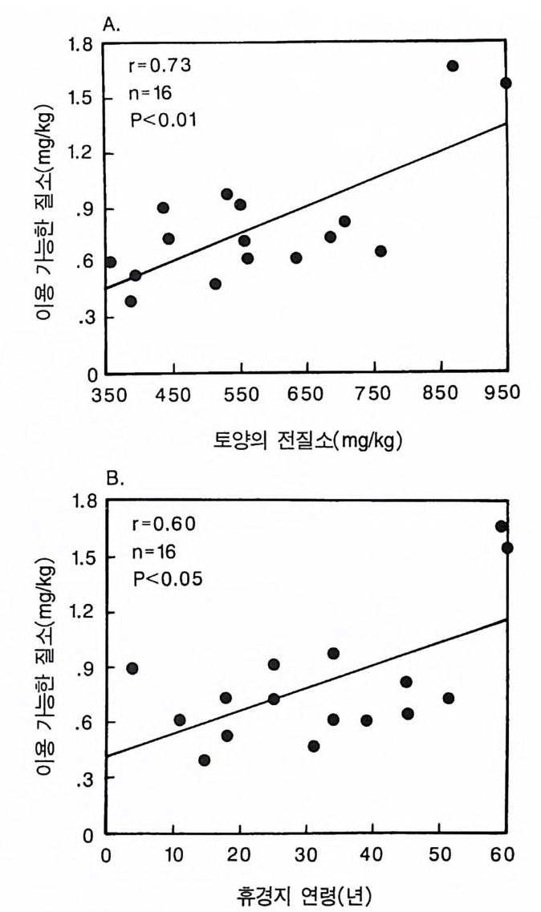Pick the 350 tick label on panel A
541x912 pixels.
point(108,392)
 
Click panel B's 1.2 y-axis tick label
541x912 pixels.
point(83,612)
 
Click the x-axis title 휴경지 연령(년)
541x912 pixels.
point(307,894)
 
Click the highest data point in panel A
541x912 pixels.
point(453,66)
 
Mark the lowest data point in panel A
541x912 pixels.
point(131,302)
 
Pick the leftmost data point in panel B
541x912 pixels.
point(132,668)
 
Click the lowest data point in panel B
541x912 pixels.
point(205,760)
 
